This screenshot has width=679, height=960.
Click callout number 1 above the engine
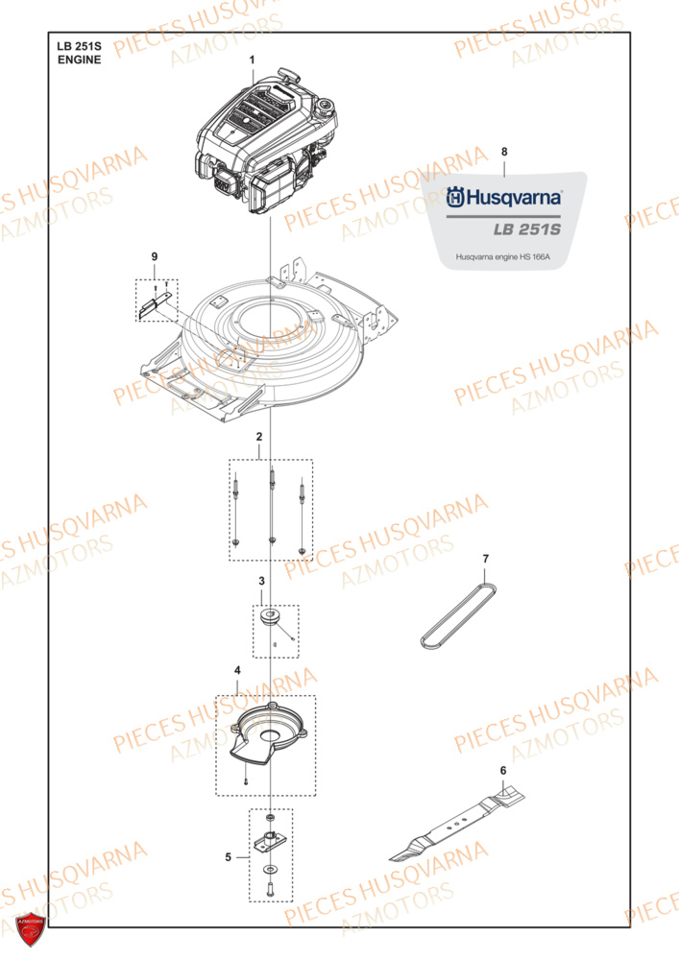[253, 60]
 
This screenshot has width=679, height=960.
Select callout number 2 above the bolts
[258, 438]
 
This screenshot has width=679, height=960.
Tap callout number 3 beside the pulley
[261, 582]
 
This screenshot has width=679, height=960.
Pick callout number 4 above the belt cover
[237, 668]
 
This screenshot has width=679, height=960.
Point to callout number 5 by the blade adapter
[228, 856]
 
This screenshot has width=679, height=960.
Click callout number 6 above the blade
[501, 770]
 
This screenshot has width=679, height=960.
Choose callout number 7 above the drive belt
[485, 559]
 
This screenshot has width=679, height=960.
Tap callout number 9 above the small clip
[154, 256]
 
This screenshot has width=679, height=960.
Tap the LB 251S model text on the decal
[527, 230]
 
